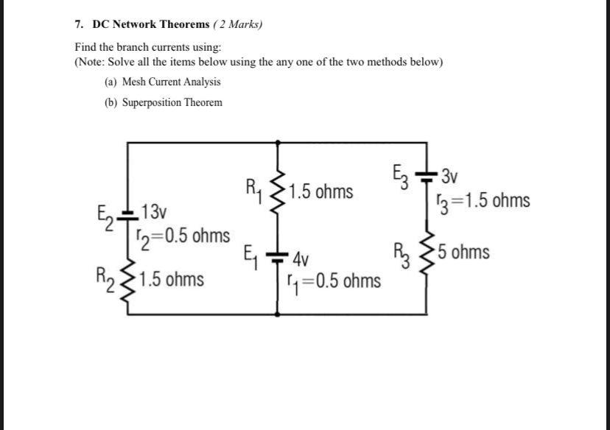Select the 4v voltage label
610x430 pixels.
(301, 260)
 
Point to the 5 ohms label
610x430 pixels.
(464, 253)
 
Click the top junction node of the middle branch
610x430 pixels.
(278, 141)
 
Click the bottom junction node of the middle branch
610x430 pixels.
(278, 314)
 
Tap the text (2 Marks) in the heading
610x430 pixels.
(237, 24)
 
